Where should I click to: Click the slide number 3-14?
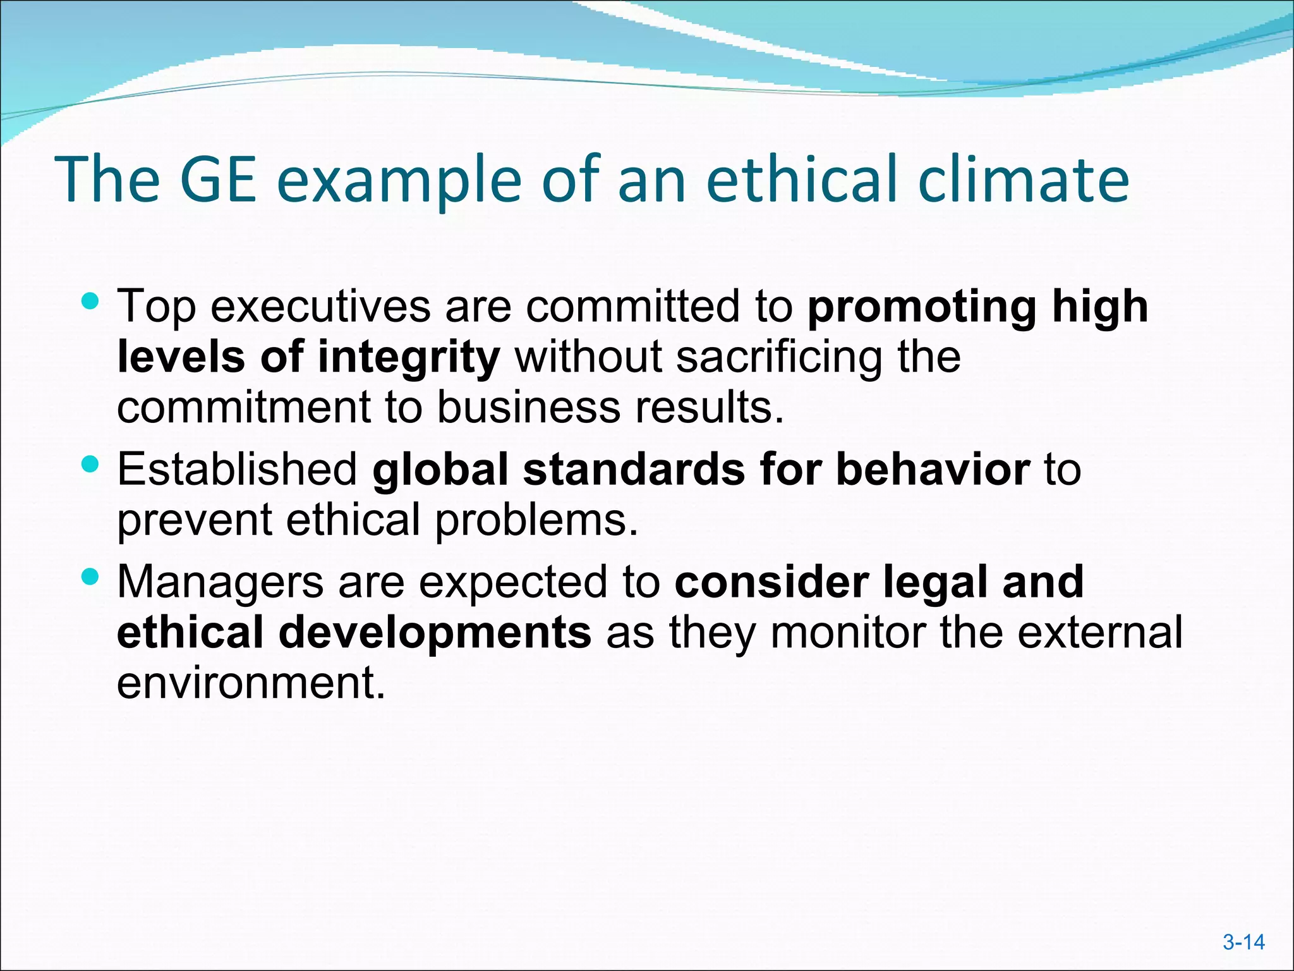[1243, 943]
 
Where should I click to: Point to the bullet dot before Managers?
[91, 576]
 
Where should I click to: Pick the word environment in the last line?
[251, 683]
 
